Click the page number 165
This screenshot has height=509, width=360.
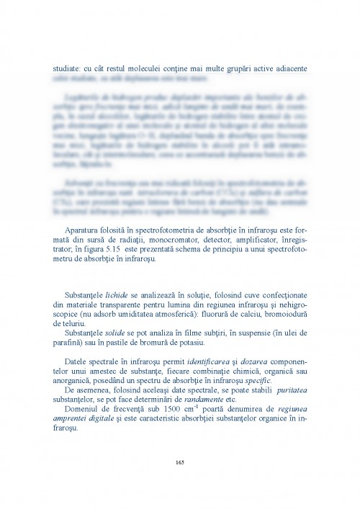click(179, 461)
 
